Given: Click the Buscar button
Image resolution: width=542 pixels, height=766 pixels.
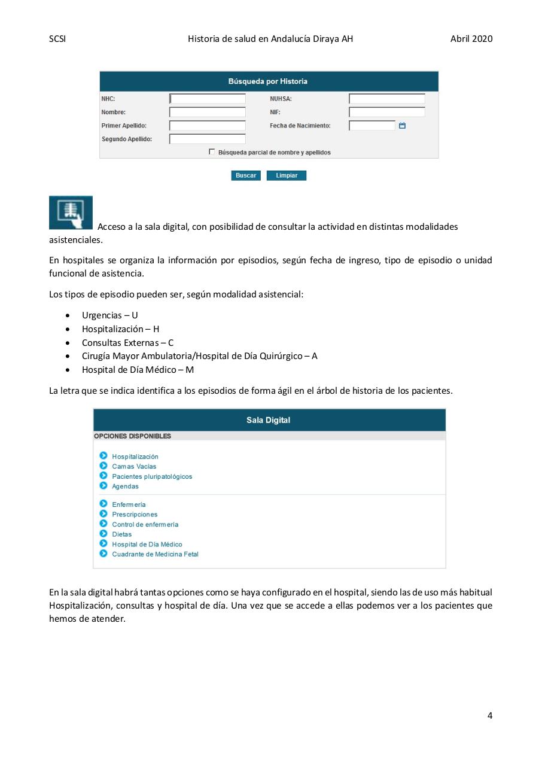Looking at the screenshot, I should [245, 175].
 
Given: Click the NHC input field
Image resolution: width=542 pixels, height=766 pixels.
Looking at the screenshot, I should [208, 99].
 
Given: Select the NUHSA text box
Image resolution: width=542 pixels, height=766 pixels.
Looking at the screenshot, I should [386, 99].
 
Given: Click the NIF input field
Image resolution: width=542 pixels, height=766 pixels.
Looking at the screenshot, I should [386, 112].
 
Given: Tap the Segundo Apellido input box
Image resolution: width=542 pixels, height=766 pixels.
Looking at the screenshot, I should [208, 139].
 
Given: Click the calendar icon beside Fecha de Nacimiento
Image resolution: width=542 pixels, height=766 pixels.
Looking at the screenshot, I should [402, 126].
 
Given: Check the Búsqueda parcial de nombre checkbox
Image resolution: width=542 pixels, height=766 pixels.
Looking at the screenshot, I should [212, 152].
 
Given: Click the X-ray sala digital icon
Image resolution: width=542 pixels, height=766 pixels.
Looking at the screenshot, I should [71, 212].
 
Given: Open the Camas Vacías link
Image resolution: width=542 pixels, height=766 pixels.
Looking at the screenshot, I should [134, 466].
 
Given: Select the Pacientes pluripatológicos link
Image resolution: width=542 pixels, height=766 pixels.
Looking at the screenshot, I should [152, 476].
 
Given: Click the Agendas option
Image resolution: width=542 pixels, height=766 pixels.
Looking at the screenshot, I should [125, 487].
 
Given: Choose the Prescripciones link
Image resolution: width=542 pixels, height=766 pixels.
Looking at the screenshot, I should [135, 514].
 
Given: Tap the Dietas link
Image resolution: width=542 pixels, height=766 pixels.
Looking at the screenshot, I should [121, 534].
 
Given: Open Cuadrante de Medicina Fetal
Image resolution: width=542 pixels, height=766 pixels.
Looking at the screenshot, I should [155, 554].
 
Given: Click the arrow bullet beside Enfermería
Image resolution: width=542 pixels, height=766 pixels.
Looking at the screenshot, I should [103, 504].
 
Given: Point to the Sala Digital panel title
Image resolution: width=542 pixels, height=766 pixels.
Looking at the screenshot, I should [268, 420].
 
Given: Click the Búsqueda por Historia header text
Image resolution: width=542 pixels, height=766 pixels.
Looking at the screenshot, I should [268, 81].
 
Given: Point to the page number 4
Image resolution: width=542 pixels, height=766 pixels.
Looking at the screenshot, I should [490, 715].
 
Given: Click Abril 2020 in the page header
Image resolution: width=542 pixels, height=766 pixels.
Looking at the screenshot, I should [471, 39].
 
